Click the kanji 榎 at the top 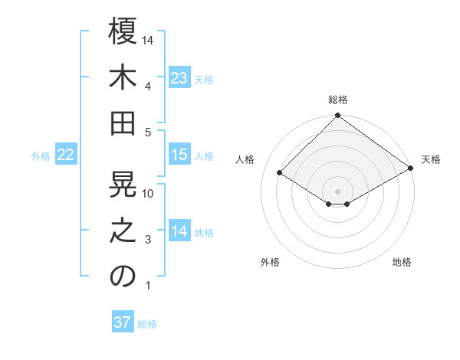tap(123, 32)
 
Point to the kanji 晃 tap(123, 185)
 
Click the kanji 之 tap(123, 231)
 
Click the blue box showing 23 tap(179, 77)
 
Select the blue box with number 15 tap(179, 155)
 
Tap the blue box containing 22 tap(66, 155)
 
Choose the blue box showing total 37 tap(123, 322)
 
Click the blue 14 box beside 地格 tap(179, 231)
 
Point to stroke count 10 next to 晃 tap(149, 194)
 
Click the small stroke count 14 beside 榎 tap(149, 40)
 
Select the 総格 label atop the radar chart tap(338, 100)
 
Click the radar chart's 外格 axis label tap(270, 262)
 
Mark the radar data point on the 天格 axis tap(411, 170)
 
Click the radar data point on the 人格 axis tap(280, 173)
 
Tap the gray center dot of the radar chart tap(338, 190)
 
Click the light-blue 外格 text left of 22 tap(41, 155)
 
